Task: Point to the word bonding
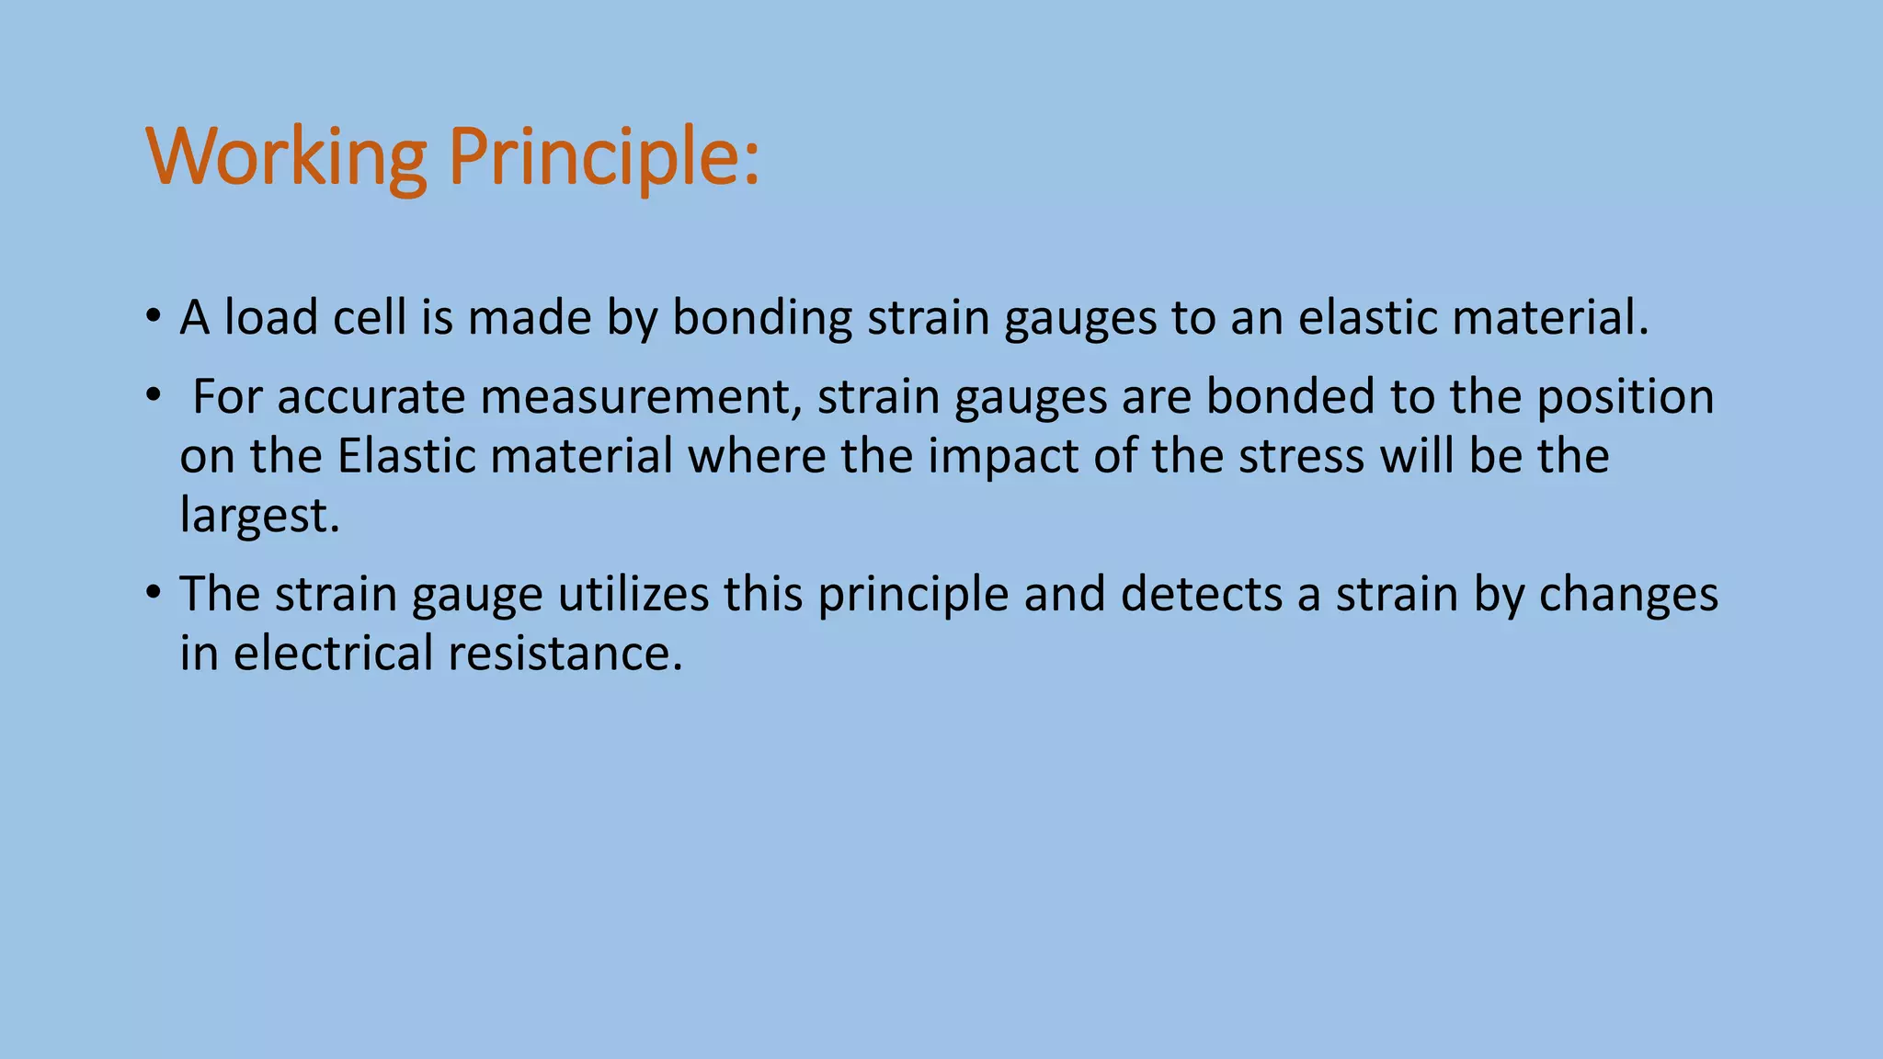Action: [x=762, y=319]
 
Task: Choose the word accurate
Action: [x=371, y=397]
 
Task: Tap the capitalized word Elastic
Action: [x=406, y=456]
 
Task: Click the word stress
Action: [x=1301, y=456]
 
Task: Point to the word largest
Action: [x=260, y=515]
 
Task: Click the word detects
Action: [x=1201, y=594]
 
